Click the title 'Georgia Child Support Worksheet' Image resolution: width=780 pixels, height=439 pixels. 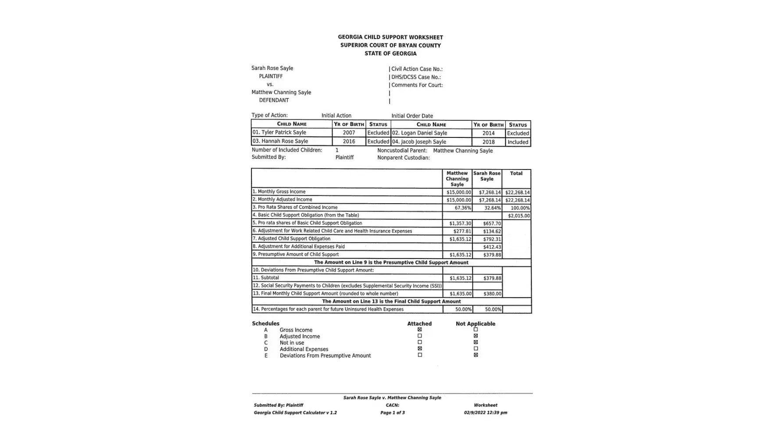[390, 37]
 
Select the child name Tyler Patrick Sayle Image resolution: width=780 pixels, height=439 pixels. [283, 133]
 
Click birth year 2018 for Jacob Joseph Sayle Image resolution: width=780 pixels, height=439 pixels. [488, 142]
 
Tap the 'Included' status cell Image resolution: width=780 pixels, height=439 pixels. [518, 142]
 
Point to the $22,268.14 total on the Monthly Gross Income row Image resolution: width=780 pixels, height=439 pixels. [517, 192]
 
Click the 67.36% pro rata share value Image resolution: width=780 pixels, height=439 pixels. [462, 208]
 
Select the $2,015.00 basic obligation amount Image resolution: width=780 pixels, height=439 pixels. [519, 216]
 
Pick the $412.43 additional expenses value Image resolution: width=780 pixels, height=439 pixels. [492, 247]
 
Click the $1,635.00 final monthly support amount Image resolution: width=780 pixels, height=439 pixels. [460, 294]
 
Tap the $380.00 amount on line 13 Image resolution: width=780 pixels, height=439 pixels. [492, 294]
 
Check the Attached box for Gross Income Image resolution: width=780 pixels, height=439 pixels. [419, 330]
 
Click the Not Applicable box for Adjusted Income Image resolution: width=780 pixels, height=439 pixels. [476, 336]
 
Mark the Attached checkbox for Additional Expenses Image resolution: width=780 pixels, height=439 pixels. [419, 349]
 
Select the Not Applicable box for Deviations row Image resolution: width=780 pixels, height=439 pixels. [476, 355]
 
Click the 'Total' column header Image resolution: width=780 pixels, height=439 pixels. [516, 173]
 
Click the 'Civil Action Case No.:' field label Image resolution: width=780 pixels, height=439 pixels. [417, 69]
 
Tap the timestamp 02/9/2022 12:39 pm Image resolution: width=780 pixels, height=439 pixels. [485, 413]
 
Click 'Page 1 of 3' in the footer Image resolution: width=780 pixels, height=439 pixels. [392, 413]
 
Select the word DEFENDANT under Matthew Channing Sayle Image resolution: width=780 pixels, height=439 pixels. [274, 100]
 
